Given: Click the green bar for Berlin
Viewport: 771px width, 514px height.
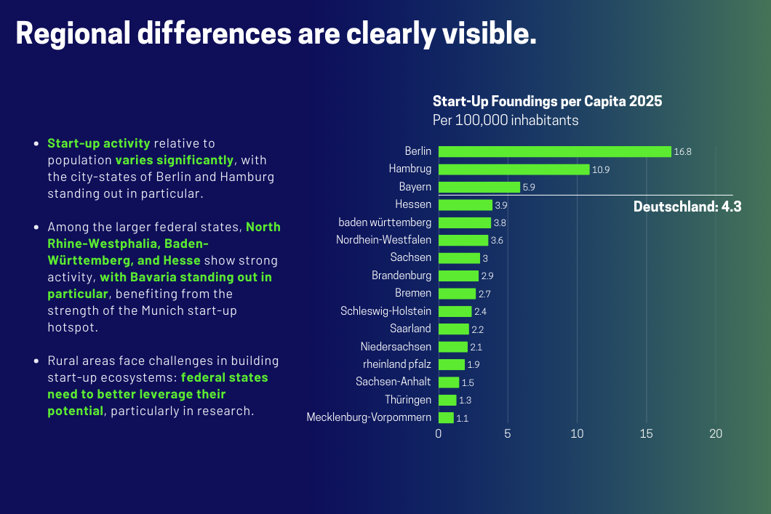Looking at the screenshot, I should [554, 151].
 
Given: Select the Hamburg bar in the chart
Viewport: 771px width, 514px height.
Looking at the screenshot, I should [514, 169].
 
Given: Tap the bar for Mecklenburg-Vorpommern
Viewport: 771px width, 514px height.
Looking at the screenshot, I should [446, 417].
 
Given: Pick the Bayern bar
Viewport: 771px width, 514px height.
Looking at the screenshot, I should [479, 187].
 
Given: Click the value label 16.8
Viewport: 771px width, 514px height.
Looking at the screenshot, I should [682, 152].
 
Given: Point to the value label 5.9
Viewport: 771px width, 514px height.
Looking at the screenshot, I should [529, 188].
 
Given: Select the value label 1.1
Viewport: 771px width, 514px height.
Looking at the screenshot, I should [462, 418].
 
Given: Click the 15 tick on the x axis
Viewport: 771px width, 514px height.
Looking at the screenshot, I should [647, 434].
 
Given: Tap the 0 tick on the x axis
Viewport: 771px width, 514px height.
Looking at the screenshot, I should [439, 434].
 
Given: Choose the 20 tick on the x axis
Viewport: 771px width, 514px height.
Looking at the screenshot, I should [716, 434].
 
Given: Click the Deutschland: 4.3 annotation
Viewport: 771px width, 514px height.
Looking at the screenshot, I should [687, 207].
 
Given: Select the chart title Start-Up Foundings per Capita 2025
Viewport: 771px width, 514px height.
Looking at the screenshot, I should [547, 101].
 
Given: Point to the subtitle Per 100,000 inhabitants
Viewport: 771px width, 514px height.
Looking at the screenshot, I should [506, 120].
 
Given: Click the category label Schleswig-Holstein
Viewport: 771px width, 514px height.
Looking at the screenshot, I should [385, 311].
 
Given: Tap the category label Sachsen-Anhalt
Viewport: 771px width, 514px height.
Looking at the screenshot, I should [394, 382].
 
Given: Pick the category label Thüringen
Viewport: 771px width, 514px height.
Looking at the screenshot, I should [408, 400].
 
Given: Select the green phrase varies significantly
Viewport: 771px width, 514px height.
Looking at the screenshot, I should [175, 159].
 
